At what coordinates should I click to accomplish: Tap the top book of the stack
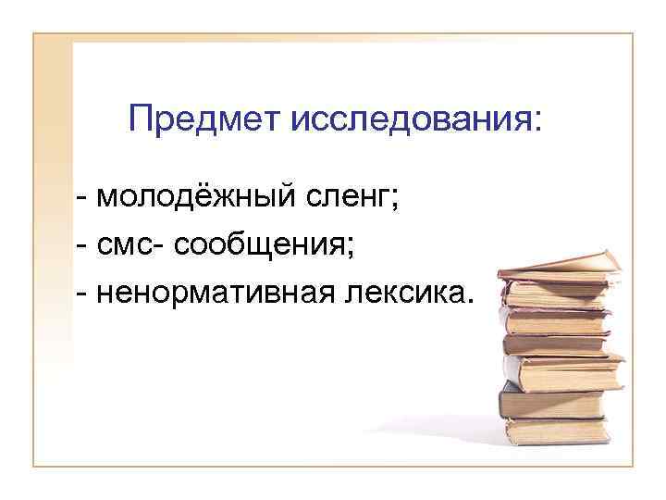tap(555, 268)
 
